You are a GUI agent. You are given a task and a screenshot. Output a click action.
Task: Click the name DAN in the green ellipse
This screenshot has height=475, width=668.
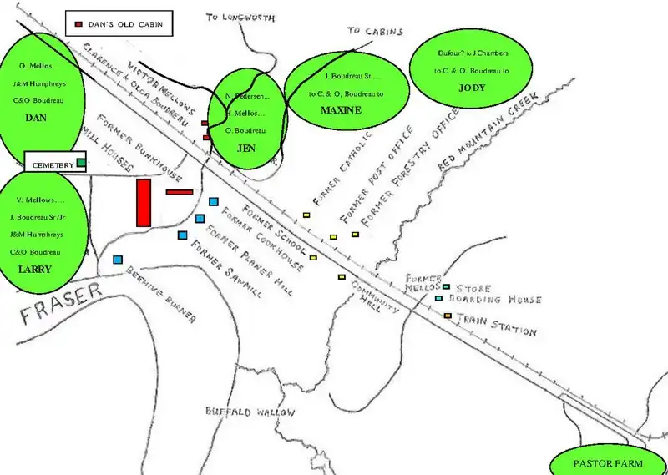35,118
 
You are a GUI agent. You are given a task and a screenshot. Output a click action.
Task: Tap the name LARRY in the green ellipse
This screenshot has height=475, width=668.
35,269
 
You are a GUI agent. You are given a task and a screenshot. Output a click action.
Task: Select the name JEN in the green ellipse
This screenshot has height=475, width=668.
246,148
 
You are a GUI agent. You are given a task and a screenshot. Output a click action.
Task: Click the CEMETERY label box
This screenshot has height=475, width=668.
54,165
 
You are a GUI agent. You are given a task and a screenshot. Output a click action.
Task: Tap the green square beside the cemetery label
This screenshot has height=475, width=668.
81,162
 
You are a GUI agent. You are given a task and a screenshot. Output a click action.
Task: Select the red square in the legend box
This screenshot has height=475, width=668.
79,25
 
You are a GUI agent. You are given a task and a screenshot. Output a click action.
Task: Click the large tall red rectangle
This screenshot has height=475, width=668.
144,202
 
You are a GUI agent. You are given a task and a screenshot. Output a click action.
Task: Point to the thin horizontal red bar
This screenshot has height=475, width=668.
180,192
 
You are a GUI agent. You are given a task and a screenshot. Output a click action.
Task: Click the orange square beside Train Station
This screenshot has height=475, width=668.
448,315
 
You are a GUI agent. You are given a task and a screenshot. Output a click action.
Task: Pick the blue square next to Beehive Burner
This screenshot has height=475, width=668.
118,260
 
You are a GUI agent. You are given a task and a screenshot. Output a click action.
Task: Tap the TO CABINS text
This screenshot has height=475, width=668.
375,32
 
